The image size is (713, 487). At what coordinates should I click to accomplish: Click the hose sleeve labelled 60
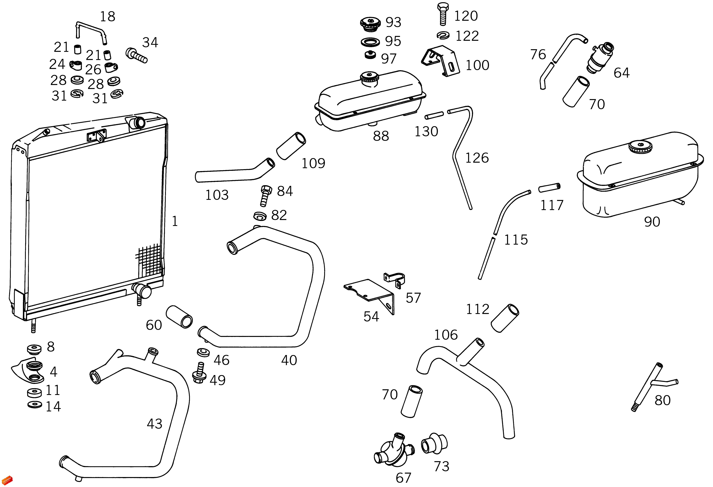pos(179,317)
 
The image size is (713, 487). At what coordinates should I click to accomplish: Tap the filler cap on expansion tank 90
pos(640,147)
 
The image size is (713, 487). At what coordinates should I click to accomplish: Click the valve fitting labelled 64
pos(600,58)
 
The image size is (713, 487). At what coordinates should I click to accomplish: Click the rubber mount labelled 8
pos(34,349)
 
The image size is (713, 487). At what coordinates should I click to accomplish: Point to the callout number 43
pos(154,424)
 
